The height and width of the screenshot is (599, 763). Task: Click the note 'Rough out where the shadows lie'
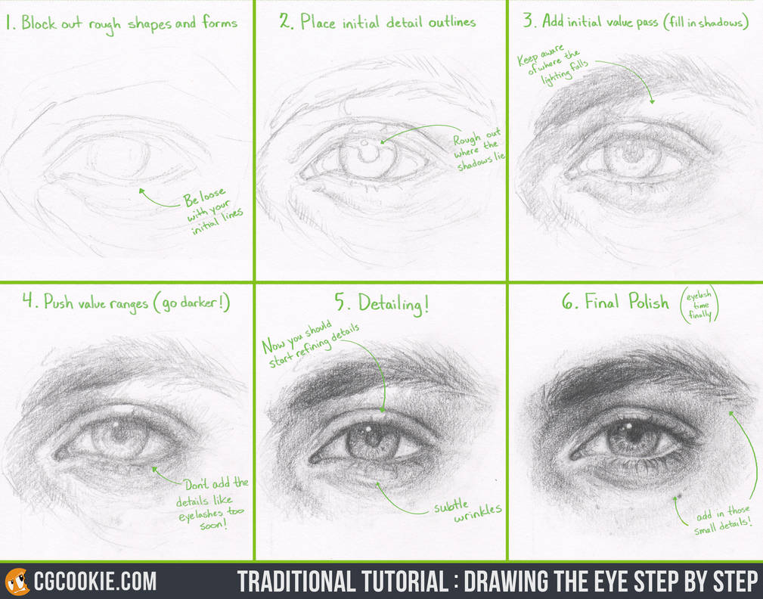tap(479, 149)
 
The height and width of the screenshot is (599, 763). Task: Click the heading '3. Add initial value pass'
tap(635, 21)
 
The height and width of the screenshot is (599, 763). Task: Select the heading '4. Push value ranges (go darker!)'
tap(126, 303)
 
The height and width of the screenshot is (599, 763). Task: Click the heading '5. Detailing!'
tap(382, 303)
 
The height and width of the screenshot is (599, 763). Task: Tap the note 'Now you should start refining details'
tap(311, 344)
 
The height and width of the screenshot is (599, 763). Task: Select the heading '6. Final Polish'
tap(616, 303)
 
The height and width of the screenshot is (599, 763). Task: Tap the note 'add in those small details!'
tap(721, 523)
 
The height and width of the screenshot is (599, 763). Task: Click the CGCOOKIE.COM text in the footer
tap(95, 581)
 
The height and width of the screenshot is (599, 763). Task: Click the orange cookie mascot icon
tap(17, 581)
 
